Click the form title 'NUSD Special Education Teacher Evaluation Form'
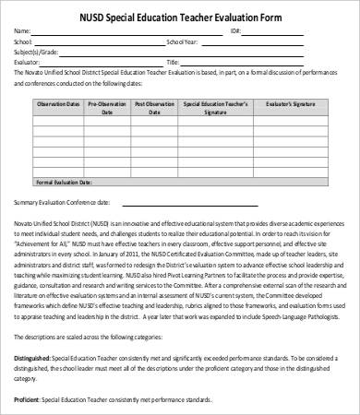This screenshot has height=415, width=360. tap(180, 15)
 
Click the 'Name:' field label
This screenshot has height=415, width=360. tap(22, 30)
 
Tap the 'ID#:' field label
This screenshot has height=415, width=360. tap(234, 30)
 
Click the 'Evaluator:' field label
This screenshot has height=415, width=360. tap(28, 63)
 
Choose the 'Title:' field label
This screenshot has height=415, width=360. tap(172, 63)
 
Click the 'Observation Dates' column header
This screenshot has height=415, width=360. tap(57, 107)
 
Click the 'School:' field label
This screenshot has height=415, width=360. tap(23, 41)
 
